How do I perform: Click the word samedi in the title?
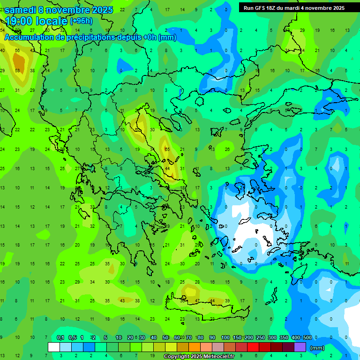coord(20,10)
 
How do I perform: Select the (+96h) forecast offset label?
coord(81,21)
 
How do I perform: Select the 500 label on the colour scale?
coord(307,337)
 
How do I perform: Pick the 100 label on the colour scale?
coord(225,337)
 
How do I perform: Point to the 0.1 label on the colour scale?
coord(60,337)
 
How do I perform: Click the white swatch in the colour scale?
coord(54,347)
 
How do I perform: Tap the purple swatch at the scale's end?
coord(300,347)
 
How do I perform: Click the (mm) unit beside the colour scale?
coord(317,348)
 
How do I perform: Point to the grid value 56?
coord(17,50)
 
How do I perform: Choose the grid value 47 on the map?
coord(197,300)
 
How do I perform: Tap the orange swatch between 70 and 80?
coord(194,347)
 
